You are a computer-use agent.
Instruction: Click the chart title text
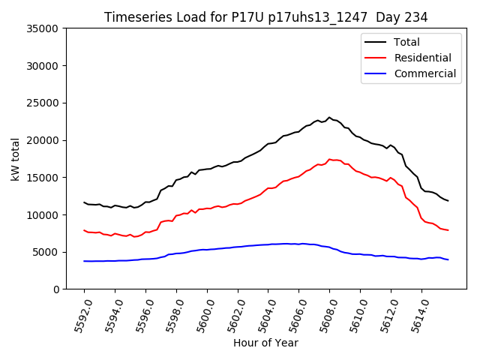[x=265, y=17]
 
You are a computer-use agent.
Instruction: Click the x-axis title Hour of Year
[x=265, y=343]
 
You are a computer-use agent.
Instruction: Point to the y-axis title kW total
[x=16, y=159]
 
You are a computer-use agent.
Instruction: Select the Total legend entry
[x=406, y=42]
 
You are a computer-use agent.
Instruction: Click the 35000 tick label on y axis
[x=43, y=28]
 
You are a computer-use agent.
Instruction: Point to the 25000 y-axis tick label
[x=43, y=103]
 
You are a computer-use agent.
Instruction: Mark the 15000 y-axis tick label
[x=43, y=178]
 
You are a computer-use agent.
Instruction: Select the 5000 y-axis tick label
[x=46, y=252]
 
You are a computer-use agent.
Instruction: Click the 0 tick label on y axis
[x=55, y=289]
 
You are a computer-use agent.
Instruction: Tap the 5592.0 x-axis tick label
[x=79, y=316]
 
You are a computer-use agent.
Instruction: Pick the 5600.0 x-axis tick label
[x=202, y=316]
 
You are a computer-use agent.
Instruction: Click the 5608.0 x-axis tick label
[x=325, y=316]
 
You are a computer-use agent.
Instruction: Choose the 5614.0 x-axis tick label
[x=417, y=316]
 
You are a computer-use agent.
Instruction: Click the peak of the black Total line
[x=329, y=117]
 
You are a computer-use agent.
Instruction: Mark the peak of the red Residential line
[x=329, y=159]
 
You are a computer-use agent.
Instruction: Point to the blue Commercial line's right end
[x=448, y=259]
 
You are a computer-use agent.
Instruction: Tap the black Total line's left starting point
[x=84, y=202]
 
